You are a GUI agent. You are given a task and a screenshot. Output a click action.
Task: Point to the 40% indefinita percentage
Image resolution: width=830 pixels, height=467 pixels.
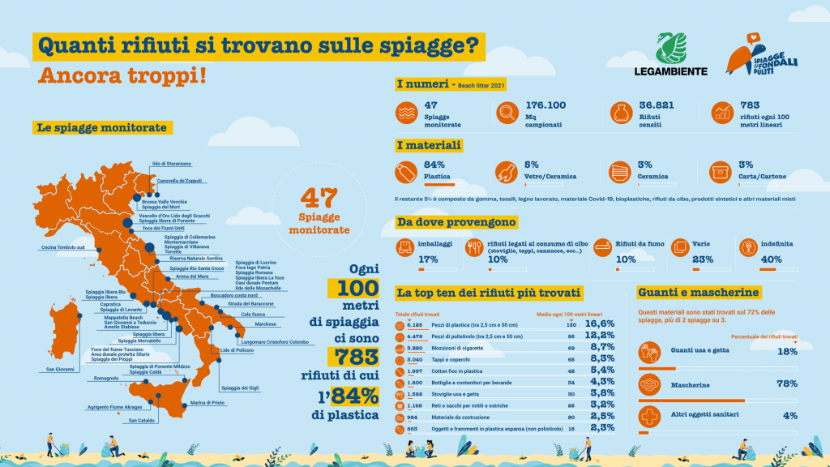point(771,259)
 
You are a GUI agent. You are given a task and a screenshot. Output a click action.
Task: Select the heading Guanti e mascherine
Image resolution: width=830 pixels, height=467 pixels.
point(698,292)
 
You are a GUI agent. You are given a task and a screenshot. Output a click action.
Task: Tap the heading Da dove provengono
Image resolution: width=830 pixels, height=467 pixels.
point(456,221)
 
